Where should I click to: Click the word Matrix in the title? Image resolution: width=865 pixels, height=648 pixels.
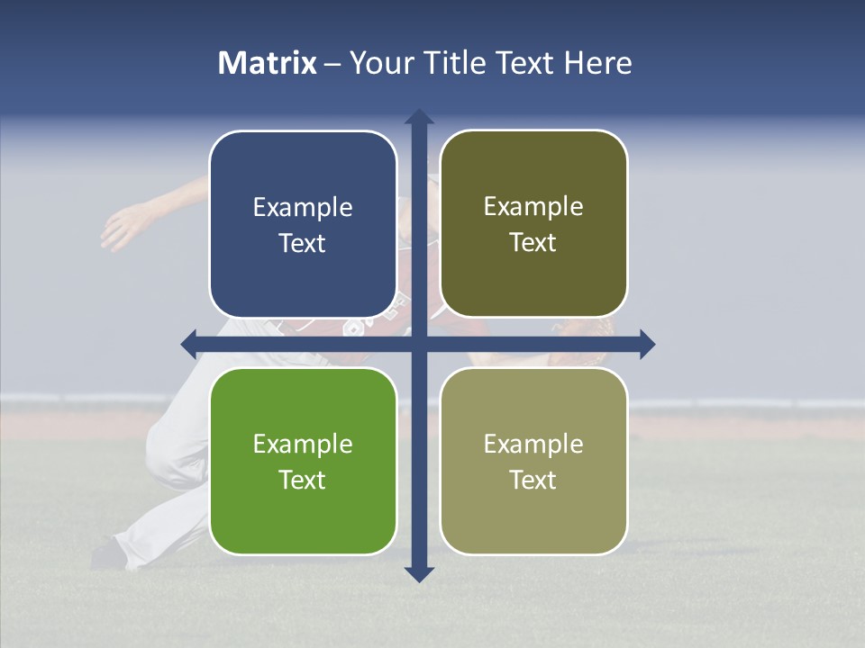click(268, 63)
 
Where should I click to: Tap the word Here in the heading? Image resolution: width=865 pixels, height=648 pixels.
click(597, 63)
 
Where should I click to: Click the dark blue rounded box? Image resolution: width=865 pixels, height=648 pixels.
click(303, 224)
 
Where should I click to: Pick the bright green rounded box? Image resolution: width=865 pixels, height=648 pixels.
click(303, 461)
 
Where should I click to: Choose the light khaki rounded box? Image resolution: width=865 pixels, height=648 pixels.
click(533, 461)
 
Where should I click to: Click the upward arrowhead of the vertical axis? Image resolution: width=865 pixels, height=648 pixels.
click(418, 117)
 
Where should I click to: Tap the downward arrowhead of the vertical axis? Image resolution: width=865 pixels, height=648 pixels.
click(418, 573)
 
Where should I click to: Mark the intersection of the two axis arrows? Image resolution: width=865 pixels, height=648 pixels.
click(418, 344)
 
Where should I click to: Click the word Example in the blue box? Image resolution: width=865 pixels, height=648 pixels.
click(303, 208)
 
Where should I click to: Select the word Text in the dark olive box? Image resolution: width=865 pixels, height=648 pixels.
click(533, 243)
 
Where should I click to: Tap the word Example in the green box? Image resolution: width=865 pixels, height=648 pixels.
click(303, 444)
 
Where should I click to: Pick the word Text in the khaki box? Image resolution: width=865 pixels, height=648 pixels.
click(533, 480)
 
